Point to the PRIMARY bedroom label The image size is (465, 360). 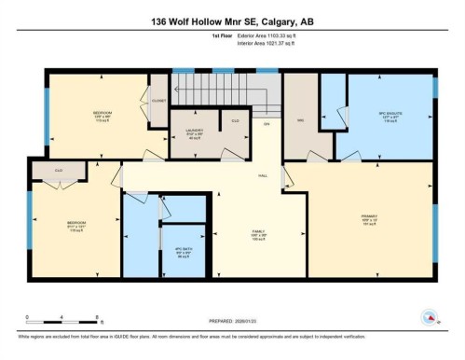(x=368, y=220)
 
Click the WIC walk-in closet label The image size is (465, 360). (x=302, y=119)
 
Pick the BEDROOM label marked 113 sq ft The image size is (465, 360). (x=103, y=117)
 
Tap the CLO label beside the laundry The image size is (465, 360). (x=235, y=120)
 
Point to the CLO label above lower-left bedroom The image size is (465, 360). (x=58, y=170)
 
